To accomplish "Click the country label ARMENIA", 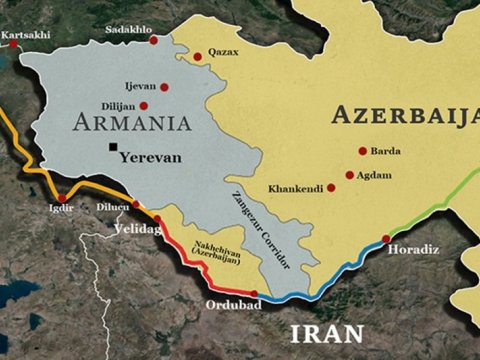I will [131, 123].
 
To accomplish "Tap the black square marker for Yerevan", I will [111, 149].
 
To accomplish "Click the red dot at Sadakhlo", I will [153, 40].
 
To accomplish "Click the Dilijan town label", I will [117, 105].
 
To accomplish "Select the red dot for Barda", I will [362, 152].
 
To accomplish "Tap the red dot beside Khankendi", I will [331, 187].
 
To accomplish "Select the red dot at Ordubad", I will [254, 295].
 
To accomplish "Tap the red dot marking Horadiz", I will [386, 238].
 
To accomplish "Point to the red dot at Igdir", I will [62, 198].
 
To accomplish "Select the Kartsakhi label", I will [26, 36].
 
